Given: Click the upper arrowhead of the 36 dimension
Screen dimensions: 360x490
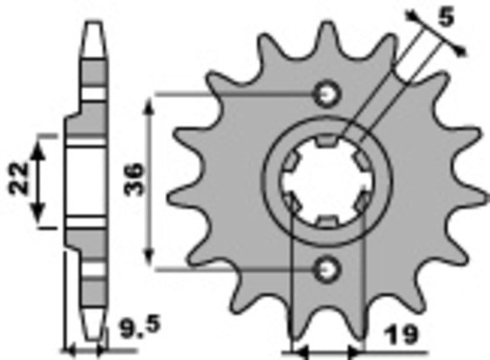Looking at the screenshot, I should click(x=149, y=107).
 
